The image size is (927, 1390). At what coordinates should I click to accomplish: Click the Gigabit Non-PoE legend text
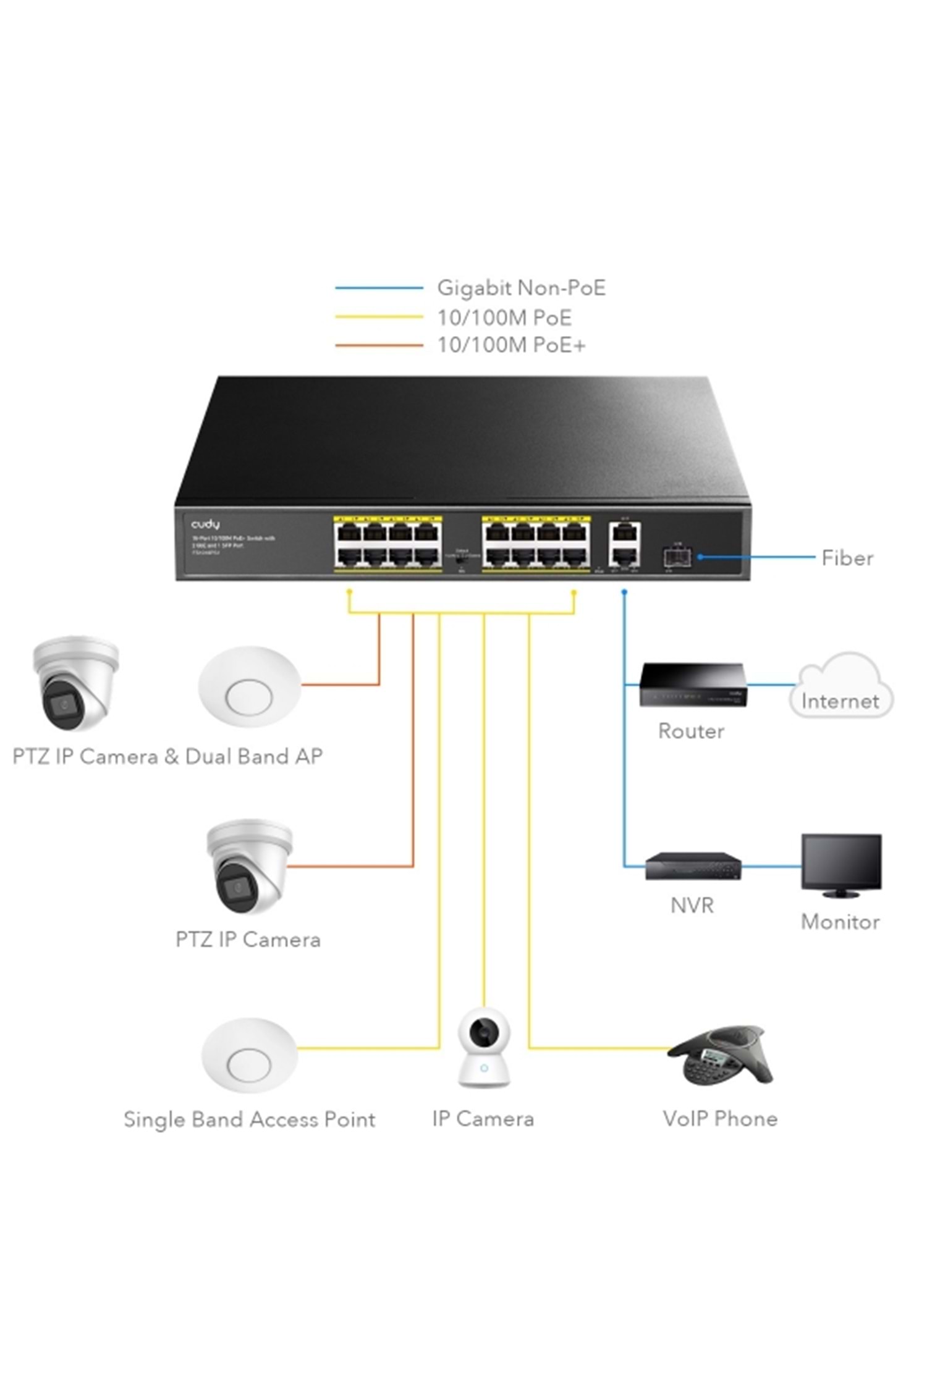[521, 288]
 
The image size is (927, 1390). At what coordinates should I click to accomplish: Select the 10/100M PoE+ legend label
[511, 345]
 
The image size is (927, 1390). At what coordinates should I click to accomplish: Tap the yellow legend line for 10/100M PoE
[378, 317]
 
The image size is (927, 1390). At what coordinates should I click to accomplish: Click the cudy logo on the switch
[205, 524]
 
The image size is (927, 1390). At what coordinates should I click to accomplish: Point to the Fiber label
[847, 558]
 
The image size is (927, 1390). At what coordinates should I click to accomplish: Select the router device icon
[692, 685]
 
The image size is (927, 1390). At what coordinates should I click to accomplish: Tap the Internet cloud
[840, 686]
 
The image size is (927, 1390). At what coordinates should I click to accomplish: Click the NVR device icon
[693, 866]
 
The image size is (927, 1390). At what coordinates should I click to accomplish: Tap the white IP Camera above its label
[484, 1047]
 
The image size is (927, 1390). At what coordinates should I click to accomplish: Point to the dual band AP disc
[249, 688]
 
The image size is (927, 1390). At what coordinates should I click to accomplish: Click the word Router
[691, 731]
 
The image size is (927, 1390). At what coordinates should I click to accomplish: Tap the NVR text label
[692, 906]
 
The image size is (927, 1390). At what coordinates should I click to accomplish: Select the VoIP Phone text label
[720, 1118]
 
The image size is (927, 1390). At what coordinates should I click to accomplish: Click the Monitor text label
[840, 922]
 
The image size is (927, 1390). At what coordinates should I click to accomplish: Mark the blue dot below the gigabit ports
[624, 592]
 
